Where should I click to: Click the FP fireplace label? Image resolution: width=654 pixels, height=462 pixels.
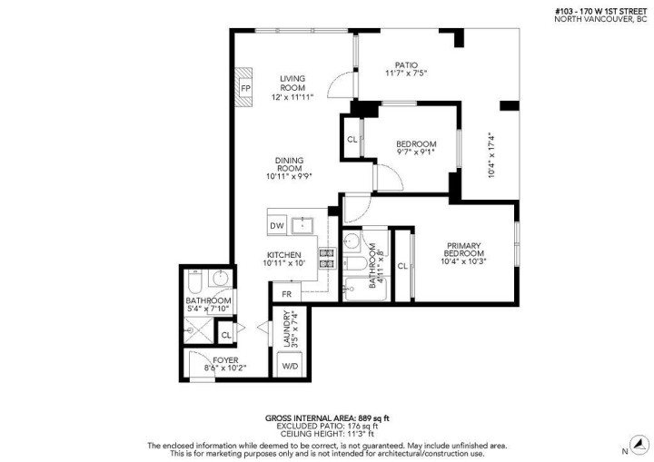click(x=245, y=87)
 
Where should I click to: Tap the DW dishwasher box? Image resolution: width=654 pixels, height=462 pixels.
click(x=277, y=224)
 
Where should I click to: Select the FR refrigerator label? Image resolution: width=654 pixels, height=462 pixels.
click(x=286, y=294)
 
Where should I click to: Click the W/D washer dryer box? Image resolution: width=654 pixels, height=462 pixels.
click(x=291, y=366)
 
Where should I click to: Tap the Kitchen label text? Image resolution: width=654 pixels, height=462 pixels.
click(x=283, y=254)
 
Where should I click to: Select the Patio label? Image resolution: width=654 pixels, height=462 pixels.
click(x=405, y=64)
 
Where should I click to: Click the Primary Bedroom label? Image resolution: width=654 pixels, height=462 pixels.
click(x=462, y=249)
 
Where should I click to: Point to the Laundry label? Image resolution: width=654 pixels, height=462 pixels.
click(x=287, y=329)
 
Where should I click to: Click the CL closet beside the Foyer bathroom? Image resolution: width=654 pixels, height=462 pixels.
click(x=226, y=335)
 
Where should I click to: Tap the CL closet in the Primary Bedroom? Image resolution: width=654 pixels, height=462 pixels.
click(x=401, y=266)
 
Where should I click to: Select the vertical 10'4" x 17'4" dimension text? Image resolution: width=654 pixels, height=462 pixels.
click(x=493, y=154)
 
